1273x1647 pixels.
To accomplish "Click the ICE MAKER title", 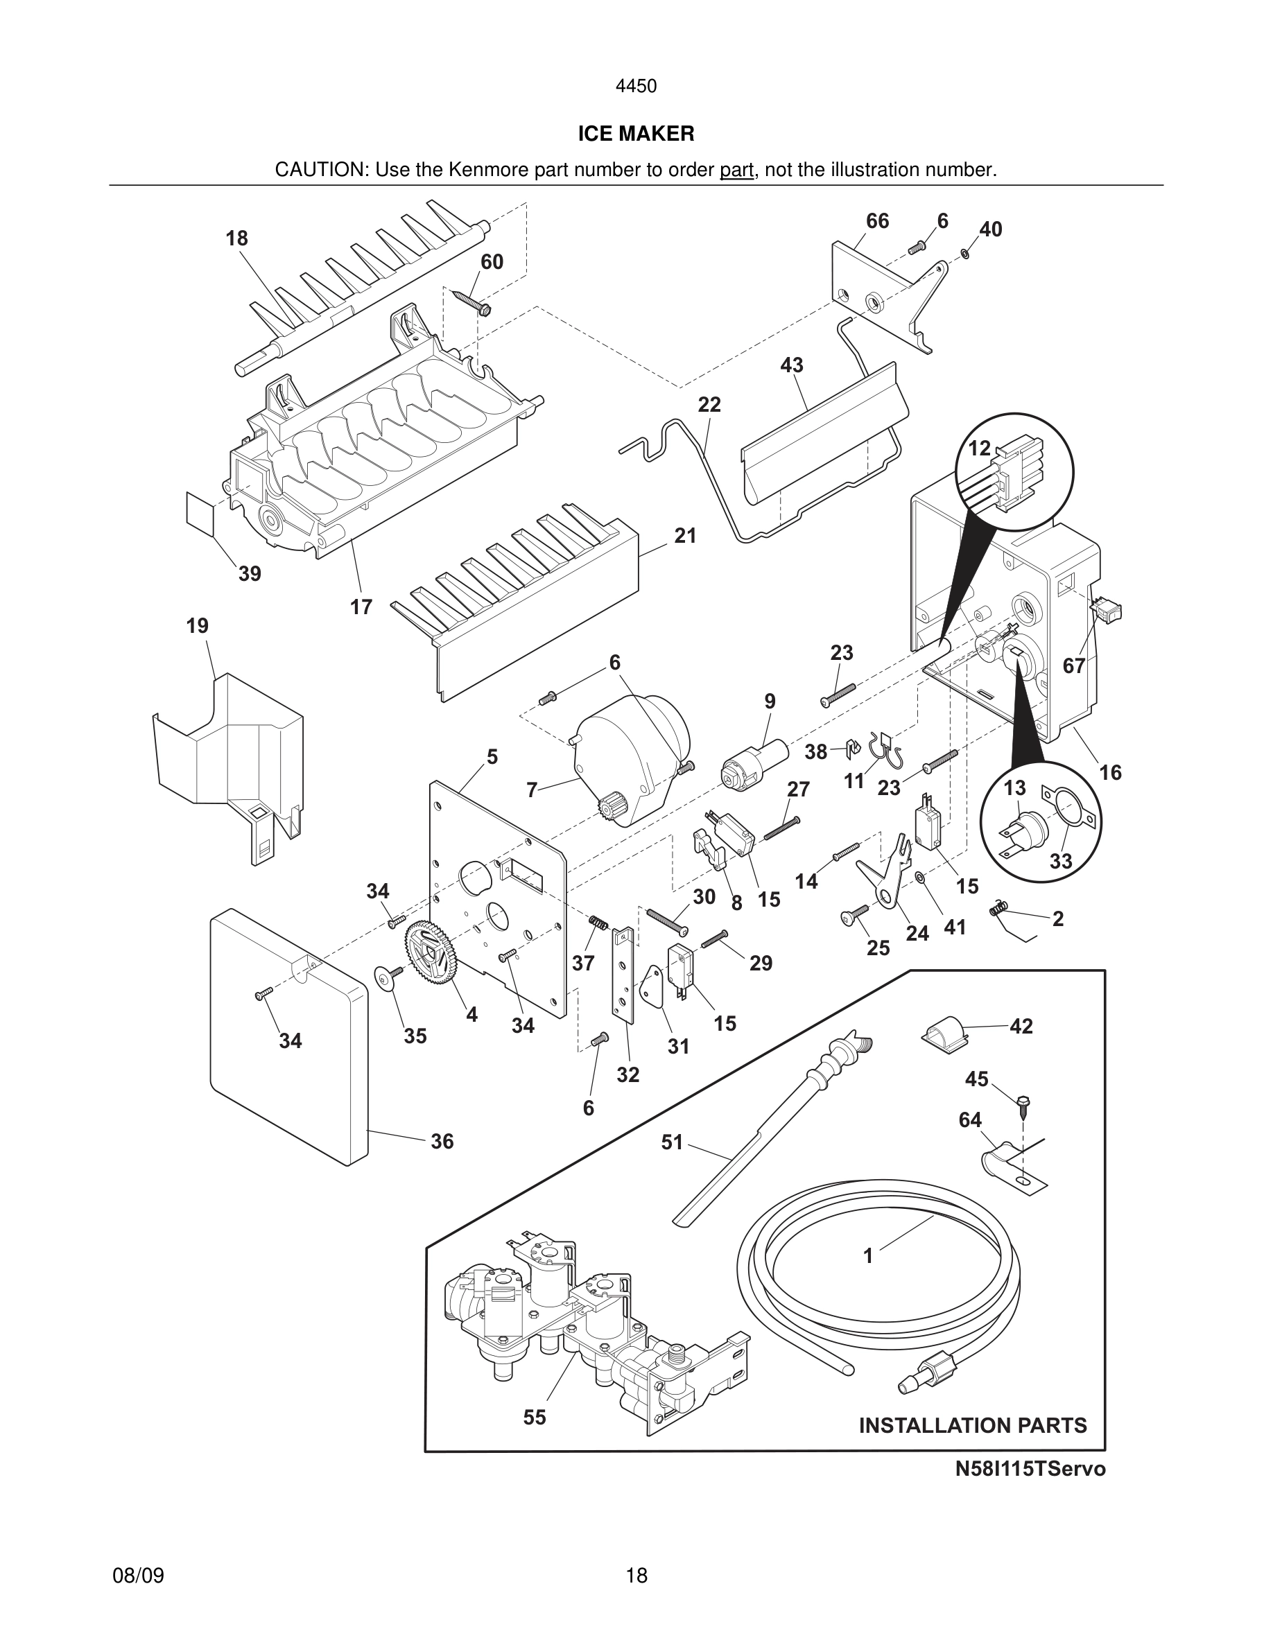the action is pyautogui.click(x=636, y=134).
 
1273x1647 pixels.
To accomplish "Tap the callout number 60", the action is pyautogui.click(x=492, y=262).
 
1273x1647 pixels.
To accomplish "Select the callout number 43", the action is pyautogui.click(x=791, y=365).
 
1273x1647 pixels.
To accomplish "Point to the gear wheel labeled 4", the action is pyautogui.click(x=432, y=956).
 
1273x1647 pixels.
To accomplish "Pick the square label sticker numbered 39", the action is pyautogui.click(x=200, y=509).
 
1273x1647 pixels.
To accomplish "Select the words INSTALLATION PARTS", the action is pyautogui.click(x=973, y=1425).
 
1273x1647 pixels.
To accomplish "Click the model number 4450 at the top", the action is pyautogui.click(x=636, y=86).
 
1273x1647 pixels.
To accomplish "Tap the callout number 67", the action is pyautogui.click(x=1074, y=666).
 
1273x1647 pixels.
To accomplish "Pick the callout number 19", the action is pyautogui.click(x=198, y=626).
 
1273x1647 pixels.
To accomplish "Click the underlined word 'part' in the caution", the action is pyautogui.click(x=736, y=170).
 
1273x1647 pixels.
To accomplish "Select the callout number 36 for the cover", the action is pyautogui.click(x=442, y=1142).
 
